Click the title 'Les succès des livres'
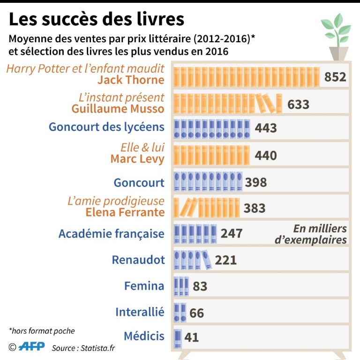tap(97, 19)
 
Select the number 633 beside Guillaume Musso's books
tap(298, 104)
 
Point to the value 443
tap(266, 128)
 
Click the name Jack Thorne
tap(131, 80)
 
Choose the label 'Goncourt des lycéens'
tap(107, 127)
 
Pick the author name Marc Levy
tap(137, 159)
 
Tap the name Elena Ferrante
tap(125, 212)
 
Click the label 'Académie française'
tap(112, 233)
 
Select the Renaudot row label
tap(138, 260)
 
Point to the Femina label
tap(144, 286)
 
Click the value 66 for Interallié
tap(197, 313)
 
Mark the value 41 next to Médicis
tap(191, 337)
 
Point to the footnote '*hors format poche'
tap(42, 331)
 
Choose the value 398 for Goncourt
tap(255, 182)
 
